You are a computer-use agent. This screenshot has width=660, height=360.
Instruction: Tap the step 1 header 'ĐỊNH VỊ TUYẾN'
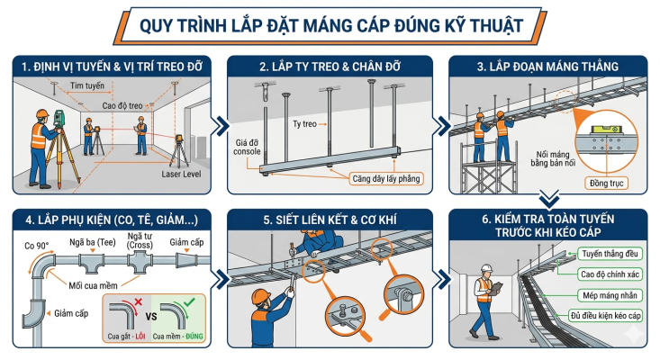(110, 67)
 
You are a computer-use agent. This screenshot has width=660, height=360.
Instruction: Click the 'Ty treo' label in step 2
(305, 122)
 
